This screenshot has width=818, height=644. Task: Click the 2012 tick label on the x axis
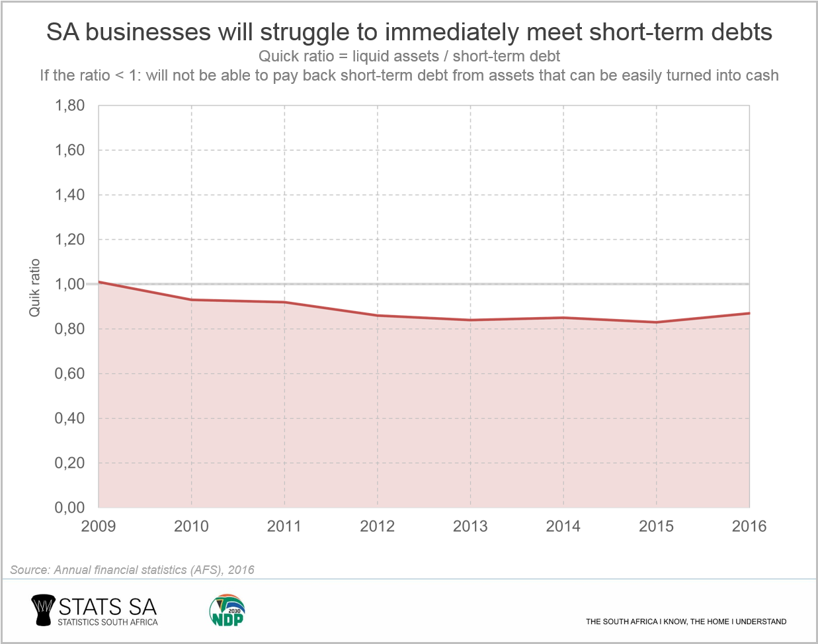377,526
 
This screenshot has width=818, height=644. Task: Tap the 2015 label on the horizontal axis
656,526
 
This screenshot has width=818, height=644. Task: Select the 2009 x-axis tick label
98,526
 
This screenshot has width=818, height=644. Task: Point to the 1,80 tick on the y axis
69,106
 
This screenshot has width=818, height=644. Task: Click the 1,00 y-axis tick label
69,284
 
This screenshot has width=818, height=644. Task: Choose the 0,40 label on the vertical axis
69,418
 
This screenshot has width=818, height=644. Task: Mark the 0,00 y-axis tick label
69,507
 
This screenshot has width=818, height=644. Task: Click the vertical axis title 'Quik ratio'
35,287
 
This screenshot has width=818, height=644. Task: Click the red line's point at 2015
656,322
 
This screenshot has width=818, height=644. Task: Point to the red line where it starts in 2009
99,282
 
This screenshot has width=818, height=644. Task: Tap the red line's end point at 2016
749,313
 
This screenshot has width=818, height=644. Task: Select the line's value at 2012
377,316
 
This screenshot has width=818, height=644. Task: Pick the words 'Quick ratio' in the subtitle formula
296,56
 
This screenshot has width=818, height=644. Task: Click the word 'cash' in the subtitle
762,75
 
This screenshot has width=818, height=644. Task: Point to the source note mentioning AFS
132,570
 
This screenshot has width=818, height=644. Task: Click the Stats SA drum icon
42,610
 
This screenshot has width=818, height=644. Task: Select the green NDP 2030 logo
227,610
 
